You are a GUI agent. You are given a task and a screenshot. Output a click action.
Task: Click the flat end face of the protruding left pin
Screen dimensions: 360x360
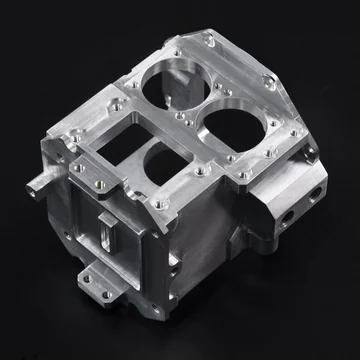[x=34, y=187]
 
